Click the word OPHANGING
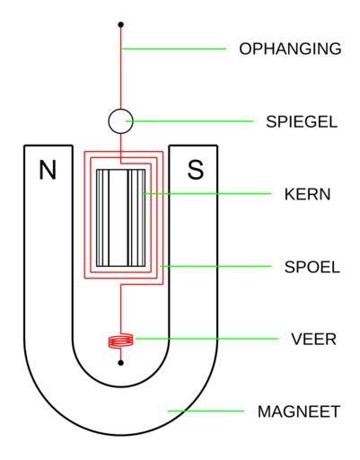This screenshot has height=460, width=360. (x=290, y=49)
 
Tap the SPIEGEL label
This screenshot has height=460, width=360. (x=302, y=121)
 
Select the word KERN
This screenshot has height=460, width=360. (x=307, y=194)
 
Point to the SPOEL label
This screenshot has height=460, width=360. (x=312, y=267)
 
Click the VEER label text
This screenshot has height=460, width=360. (x=313, y=340)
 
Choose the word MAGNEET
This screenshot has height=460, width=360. (x=299, y=411)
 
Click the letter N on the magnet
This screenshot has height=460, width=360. (x=48, y=170)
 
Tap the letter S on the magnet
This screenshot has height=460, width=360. (x=196, y=170)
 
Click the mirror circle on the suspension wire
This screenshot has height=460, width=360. (x=120, y=121)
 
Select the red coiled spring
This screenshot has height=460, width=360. (x=121, y=341)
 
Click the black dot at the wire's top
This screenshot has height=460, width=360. (x=120, y=24)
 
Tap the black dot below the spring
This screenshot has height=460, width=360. (x=120, y=363)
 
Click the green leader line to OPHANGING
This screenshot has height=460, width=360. (x=174, y=49)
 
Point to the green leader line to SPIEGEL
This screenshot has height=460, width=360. (x=189, y=121)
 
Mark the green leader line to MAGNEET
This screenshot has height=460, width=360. (x=206, y=411)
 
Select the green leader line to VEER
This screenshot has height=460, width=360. (x=206, y=339)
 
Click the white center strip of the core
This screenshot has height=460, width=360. (x=119, y=218)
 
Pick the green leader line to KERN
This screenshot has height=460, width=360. (x=207, y=194)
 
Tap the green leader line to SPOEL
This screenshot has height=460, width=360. (x=215, y=266)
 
